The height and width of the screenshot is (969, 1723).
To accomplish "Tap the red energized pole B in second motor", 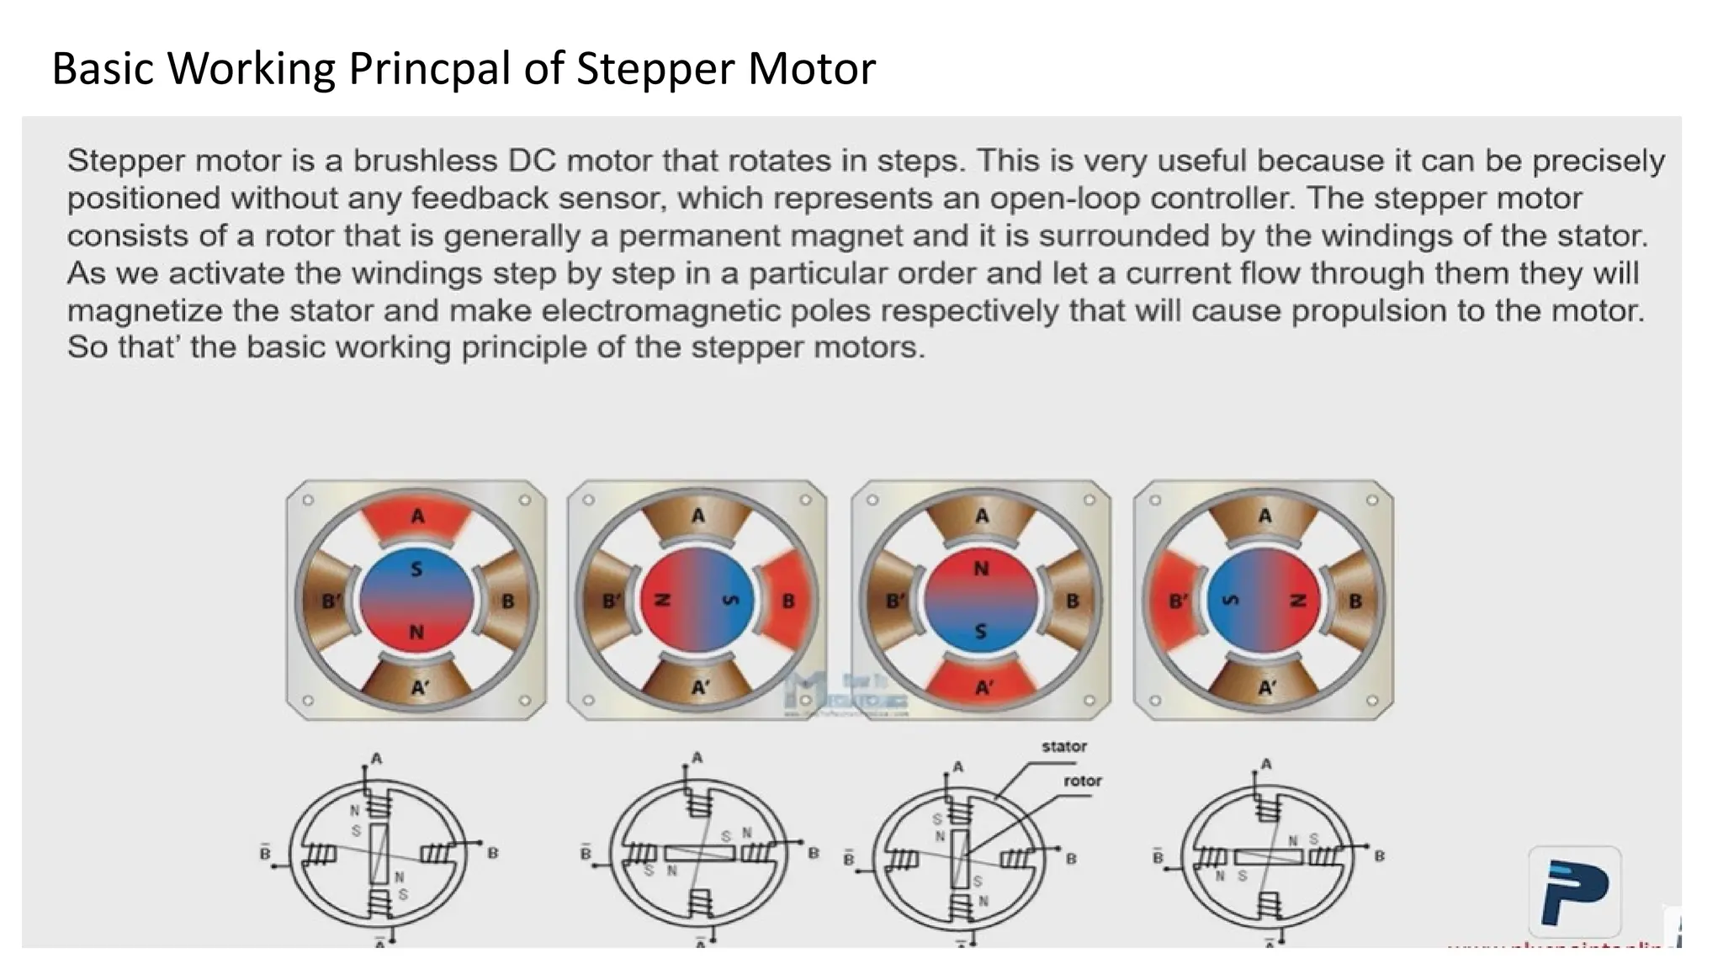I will tap(787, 601).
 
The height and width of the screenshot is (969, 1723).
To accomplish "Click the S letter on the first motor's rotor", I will tap(416, 570).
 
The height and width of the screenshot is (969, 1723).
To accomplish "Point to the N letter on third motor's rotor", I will tap(981, 569).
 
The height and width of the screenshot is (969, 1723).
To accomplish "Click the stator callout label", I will tap(1063, 747).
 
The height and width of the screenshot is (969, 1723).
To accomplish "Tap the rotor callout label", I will tap(1082, 781).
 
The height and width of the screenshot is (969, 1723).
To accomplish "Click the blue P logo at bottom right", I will tap(1574, 892).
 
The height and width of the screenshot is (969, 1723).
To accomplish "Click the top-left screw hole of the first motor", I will tap(308, 500).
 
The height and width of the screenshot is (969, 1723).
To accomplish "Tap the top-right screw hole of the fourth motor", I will tap(1371, 500).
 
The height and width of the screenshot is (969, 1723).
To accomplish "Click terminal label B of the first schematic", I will tap(493, 853).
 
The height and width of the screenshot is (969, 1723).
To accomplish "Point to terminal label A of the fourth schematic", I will tap(1266, 764).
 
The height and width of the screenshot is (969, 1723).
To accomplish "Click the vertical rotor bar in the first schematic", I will tap(379, 853).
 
